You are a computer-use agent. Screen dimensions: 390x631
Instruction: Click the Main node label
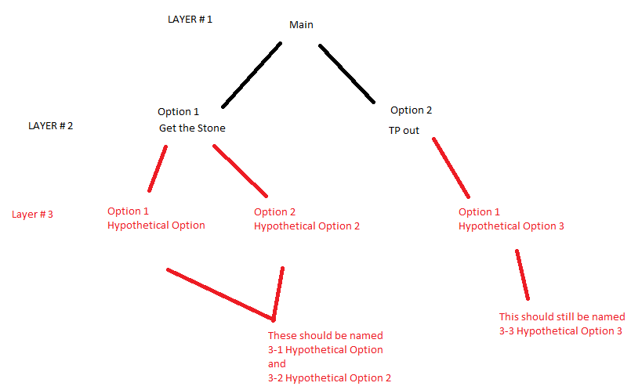click(x=301, y=25)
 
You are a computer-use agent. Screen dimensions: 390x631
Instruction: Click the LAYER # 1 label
click(x=190, y=19)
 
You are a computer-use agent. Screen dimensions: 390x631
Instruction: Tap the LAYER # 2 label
click(x=50, y=125)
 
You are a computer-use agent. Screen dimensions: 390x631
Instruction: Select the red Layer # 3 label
click(x=33, y=214)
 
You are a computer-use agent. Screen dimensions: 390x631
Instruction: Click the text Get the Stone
click(x=191, y=128)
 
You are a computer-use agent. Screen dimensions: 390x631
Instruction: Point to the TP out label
click(x=404, y=130)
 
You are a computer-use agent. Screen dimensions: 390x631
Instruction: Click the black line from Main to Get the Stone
click(x=251, y=75)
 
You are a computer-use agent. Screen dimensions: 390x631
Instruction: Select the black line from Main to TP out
click(x=346, y=74)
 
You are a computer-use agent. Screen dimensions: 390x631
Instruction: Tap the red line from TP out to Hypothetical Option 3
click(x=451, y=168)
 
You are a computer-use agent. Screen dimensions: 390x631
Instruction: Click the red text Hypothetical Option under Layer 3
click(x=156, y=226)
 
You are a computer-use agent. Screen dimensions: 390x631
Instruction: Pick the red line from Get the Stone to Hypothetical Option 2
click(x=241, y=171)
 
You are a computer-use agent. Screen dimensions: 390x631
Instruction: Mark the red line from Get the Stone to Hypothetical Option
click(x=158, y=168)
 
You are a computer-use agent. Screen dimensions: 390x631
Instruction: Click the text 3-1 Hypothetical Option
click(x=325, y=350)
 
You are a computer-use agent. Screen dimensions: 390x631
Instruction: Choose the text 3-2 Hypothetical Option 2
click(x=329, y=378)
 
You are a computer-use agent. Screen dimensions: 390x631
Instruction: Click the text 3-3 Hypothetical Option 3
click(x=560, y=331)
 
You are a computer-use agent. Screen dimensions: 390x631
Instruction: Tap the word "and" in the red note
click(x=277, y=364)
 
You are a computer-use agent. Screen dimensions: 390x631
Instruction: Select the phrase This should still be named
click(x=562, y=317)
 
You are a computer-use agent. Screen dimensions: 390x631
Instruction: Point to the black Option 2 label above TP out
click(x=411, y=110)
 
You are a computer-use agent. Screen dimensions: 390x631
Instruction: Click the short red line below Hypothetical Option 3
click(x=521, y=275)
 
